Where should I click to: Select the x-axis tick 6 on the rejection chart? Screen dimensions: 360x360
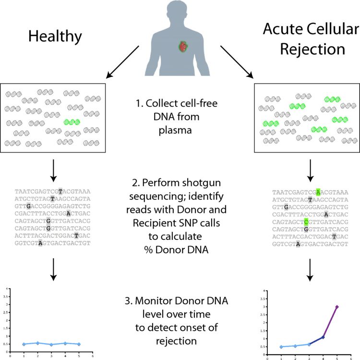coord(352,357)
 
